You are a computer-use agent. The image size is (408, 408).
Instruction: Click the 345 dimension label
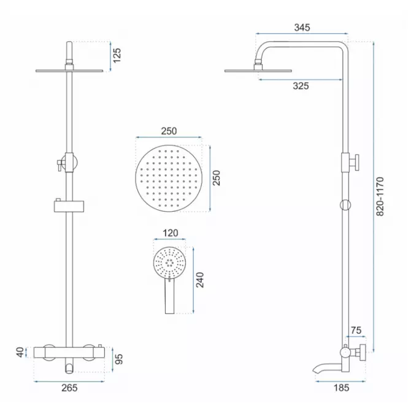(302, 28)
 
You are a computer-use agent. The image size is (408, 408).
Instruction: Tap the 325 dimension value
(301, 86)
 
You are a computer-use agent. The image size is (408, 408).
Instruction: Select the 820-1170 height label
(380, 196)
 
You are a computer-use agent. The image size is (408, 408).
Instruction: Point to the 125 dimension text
(117, 55)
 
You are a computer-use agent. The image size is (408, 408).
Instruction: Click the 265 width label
(69, 388)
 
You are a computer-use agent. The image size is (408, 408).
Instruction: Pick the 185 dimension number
(341, 388)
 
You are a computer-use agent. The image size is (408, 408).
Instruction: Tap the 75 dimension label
(356, 330)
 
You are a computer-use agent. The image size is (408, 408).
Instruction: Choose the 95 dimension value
(118, 359)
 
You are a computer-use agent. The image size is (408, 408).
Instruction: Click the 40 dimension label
(20, 352)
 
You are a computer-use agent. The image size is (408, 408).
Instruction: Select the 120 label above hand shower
(170, 233)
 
